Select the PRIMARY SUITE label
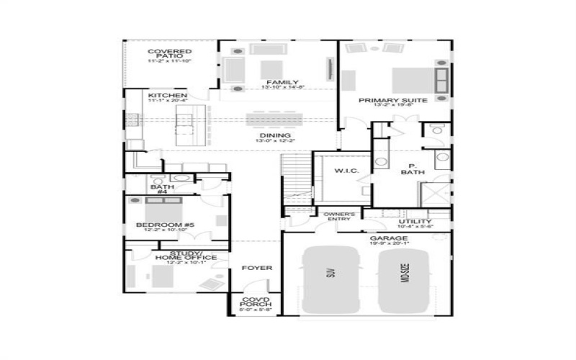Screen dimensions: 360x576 click(393, 100)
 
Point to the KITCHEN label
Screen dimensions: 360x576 click(168, 95)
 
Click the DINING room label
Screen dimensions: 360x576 click(275, 135)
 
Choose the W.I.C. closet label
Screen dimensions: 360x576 click(336, 171)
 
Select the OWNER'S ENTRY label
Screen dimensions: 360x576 click(338, 217)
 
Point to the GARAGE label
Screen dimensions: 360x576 click(389, 238)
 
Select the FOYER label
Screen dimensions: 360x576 click(256, 268)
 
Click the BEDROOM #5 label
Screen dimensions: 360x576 click(166, 225)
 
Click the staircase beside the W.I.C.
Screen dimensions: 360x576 click(295, 180)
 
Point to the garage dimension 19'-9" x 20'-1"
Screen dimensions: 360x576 click(389, 244)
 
